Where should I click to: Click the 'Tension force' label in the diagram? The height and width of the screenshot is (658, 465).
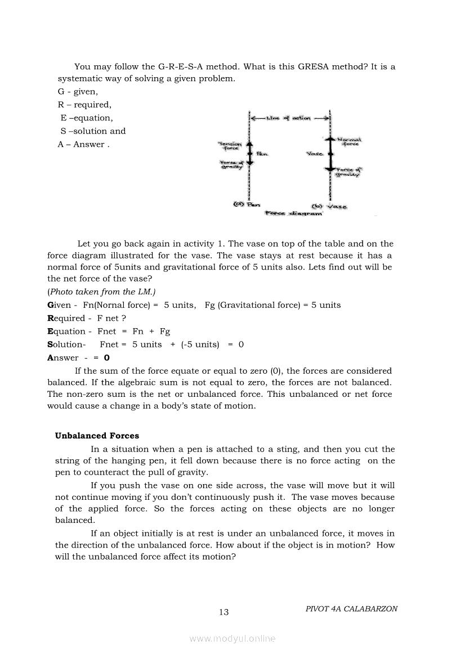pos(229,146)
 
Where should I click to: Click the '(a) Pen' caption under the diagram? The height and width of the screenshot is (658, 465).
pos(243,204)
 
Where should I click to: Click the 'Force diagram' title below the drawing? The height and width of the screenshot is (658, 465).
pos(293,214)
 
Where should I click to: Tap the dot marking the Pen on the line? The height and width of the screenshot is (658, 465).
pos(249,153)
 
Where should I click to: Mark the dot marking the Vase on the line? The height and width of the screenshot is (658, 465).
pos(330,153)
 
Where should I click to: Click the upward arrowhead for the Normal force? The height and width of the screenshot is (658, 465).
pos(330,138)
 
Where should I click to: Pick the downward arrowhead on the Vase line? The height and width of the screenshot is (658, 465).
pos(330,167)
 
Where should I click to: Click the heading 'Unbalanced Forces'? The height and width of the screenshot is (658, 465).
pos(97,436)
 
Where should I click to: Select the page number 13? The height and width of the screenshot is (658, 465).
pos(224,612)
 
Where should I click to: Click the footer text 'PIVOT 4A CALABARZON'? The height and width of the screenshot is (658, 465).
pos(351,609)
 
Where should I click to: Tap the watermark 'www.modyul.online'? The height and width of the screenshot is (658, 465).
pos(232,639)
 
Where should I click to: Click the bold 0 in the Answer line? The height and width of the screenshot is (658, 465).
pos(107,358)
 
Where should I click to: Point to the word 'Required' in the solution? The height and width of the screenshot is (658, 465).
pos(66,319)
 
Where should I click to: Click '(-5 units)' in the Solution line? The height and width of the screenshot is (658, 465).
pos(200,344)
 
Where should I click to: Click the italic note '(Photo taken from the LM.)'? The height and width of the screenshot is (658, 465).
pos(102,292)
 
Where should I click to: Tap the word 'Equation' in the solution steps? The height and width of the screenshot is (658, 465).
pos(66,332)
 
